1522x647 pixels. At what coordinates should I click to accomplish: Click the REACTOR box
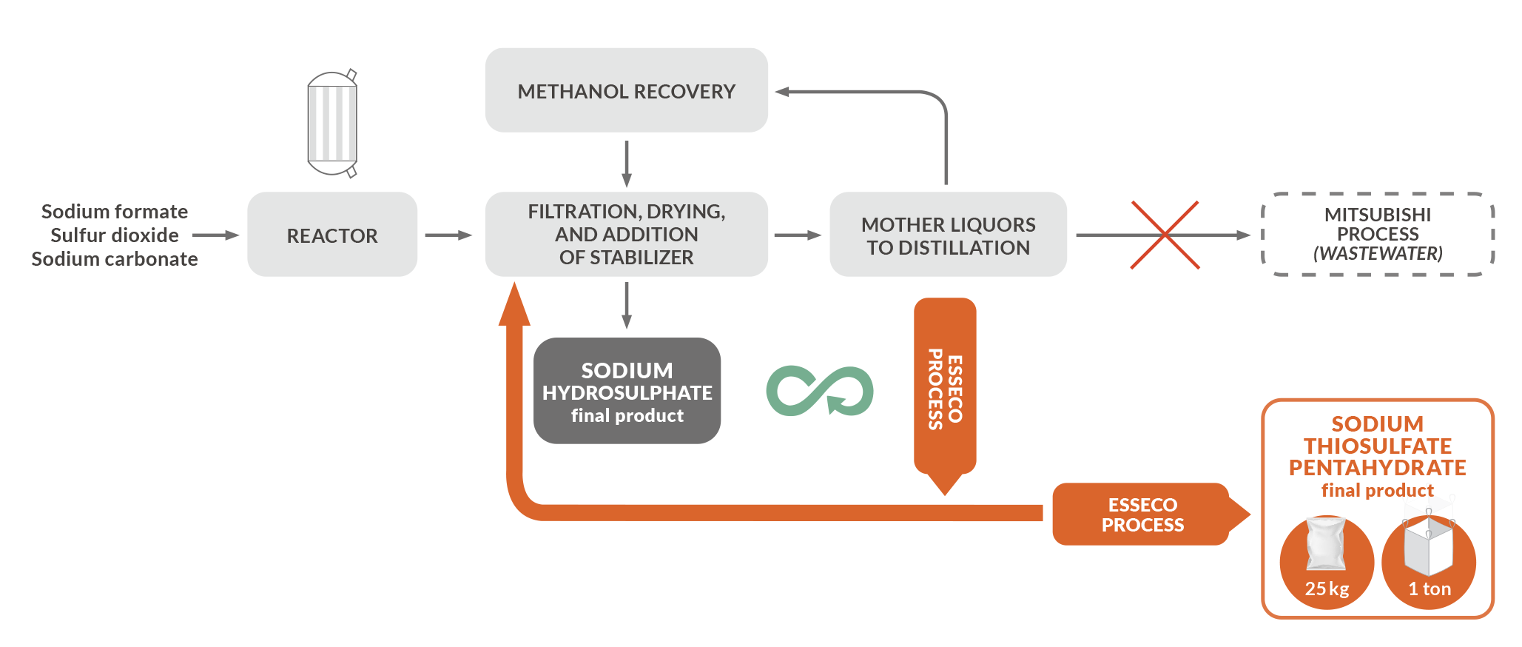(332, 235)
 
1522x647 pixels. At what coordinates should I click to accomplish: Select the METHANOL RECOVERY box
(626, 91)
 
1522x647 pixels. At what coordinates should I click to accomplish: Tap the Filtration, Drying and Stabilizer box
(626, 235)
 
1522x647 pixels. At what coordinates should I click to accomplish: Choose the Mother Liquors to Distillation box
(948, 235)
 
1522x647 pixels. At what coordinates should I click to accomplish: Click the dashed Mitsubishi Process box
(1377, 235)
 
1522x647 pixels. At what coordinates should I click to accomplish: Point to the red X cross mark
(1165, 235)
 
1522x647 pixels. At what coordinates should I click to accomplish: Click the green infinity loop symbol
(820, 390)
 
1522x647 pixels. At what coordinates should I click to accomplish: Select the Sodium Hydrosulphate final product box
(627, 392)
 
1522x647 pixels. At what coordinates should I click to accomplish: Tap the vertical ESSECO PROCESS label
(945, 389)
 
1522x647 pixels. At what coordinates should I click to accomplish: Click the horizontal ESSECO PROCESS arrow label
(1142, 514)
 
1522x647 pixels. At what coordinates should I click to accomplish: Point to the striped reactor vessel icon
(332, 124)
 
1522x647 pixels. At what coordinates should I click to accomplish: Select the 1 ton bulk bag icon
(1428, 548)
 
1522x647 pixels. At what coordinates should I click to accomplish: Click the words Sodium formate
(115, 212)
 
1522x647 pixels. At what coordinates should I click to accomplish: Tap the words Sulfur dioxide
(115, 235)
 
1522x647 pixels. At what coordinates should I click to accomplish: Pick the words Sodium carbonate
(115, 259)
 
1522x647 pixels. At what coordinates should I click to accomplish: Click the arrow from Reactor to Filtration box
(448, 235)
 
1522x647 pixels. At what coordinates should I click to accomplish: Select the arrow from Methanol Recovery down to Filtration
(627, 164)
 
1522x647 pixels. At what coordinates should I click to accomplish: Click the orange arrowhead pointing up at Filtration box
(514, 305)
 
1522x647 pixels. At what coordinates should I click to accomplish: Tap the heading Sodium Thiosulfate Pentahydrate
(1377, 446)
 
